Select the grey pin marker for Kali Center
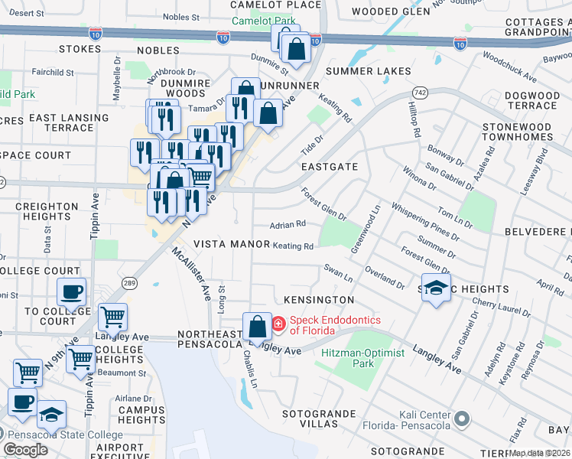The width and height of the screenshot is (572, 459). [x=461, y=418]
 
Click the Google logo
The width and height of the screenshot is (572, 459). [x=25, y=449]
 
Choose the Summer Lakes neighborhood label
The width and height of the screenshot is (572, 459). [x=368, y=71]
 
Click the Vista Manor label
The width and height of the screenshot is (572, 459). [x=231, y=244]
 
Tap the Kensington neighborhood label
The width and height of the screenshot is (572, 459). [x=319, y=300]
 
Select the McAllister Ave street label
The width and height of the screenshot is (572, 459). [x=191, y=274]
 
